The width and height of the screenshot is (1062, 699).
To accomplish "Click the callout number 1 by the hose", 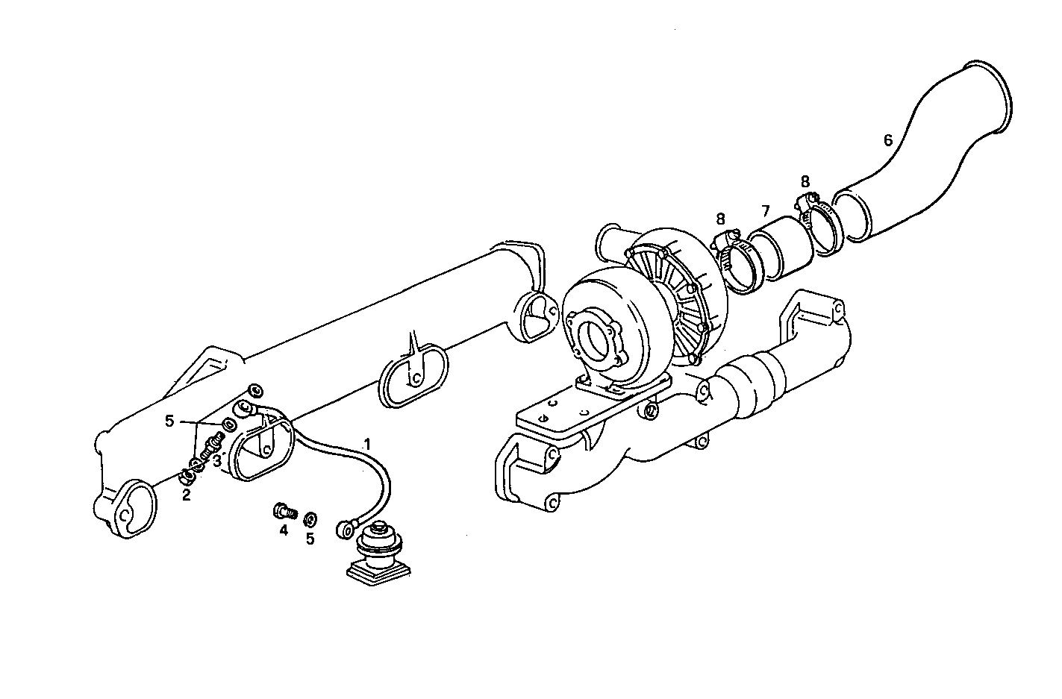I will coord(366,443).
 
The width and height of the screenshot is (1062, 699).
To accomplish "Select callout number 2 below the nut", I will coord(186,494).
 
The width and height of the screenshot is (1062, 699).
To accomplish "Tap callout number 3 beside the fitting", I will coord(216,461).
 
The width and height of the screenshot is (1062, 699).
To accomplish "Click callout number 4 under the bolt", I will coord(284,530).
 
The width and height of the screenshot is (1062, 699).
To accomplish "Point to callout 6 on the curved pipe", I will coord(887,140).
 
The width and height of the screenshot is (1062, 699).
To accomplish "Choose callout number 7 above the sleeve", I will coord(765,210).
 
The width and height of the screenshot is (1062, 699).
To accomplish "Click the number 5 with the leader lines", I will coord(169,421).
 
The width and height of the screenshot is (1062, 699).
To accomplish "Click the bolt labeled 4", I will coord(283,512).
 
